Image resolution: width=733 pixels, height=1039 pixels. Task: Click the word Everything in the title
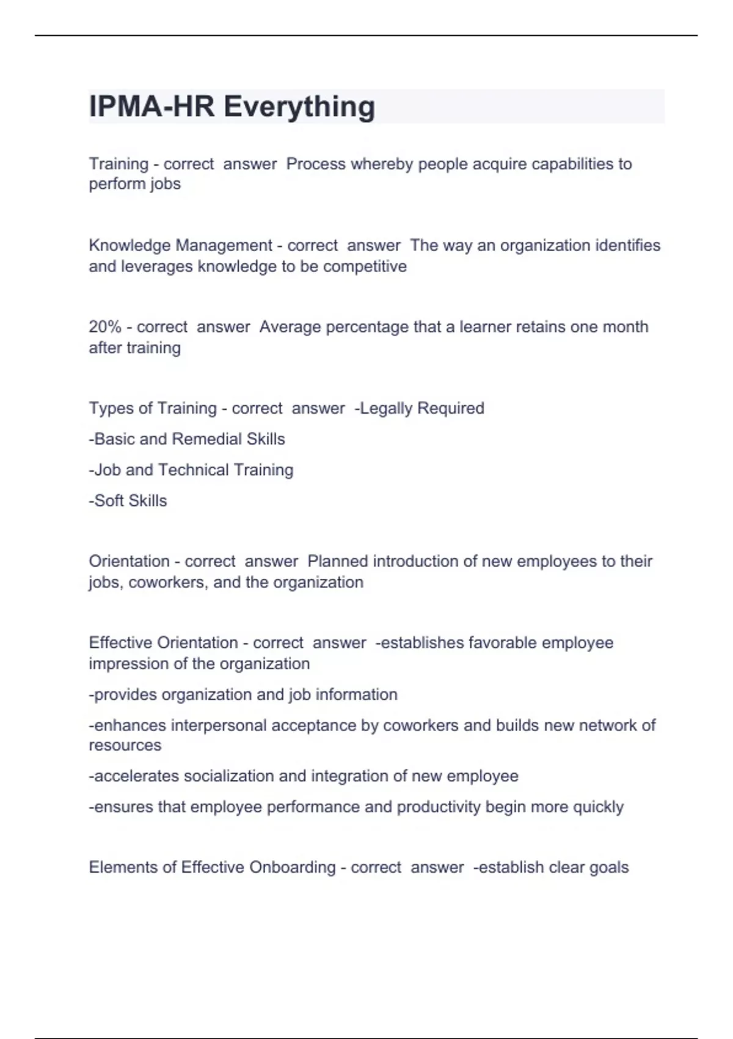tap(299, 107)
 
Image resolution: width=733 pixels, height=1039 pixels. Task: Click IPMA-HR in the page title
tap(152, 107)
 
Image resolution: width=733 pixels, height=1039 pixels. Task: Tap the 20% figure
tap(105, 327)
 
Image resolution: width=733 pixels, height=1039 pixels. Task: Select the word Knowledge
tap(129, 246)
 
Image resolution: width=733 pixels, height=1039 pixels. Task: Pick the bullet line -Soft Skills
tap(128, 501)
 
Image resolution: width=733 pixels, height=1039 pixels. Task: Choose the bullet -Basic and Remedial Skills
tap(187, 439)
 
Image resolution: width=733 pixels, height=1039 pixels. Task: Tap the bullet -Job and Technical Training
tap(191, 470)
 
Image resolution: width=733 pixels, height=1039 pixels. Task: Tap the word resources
tap(125, 746)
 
